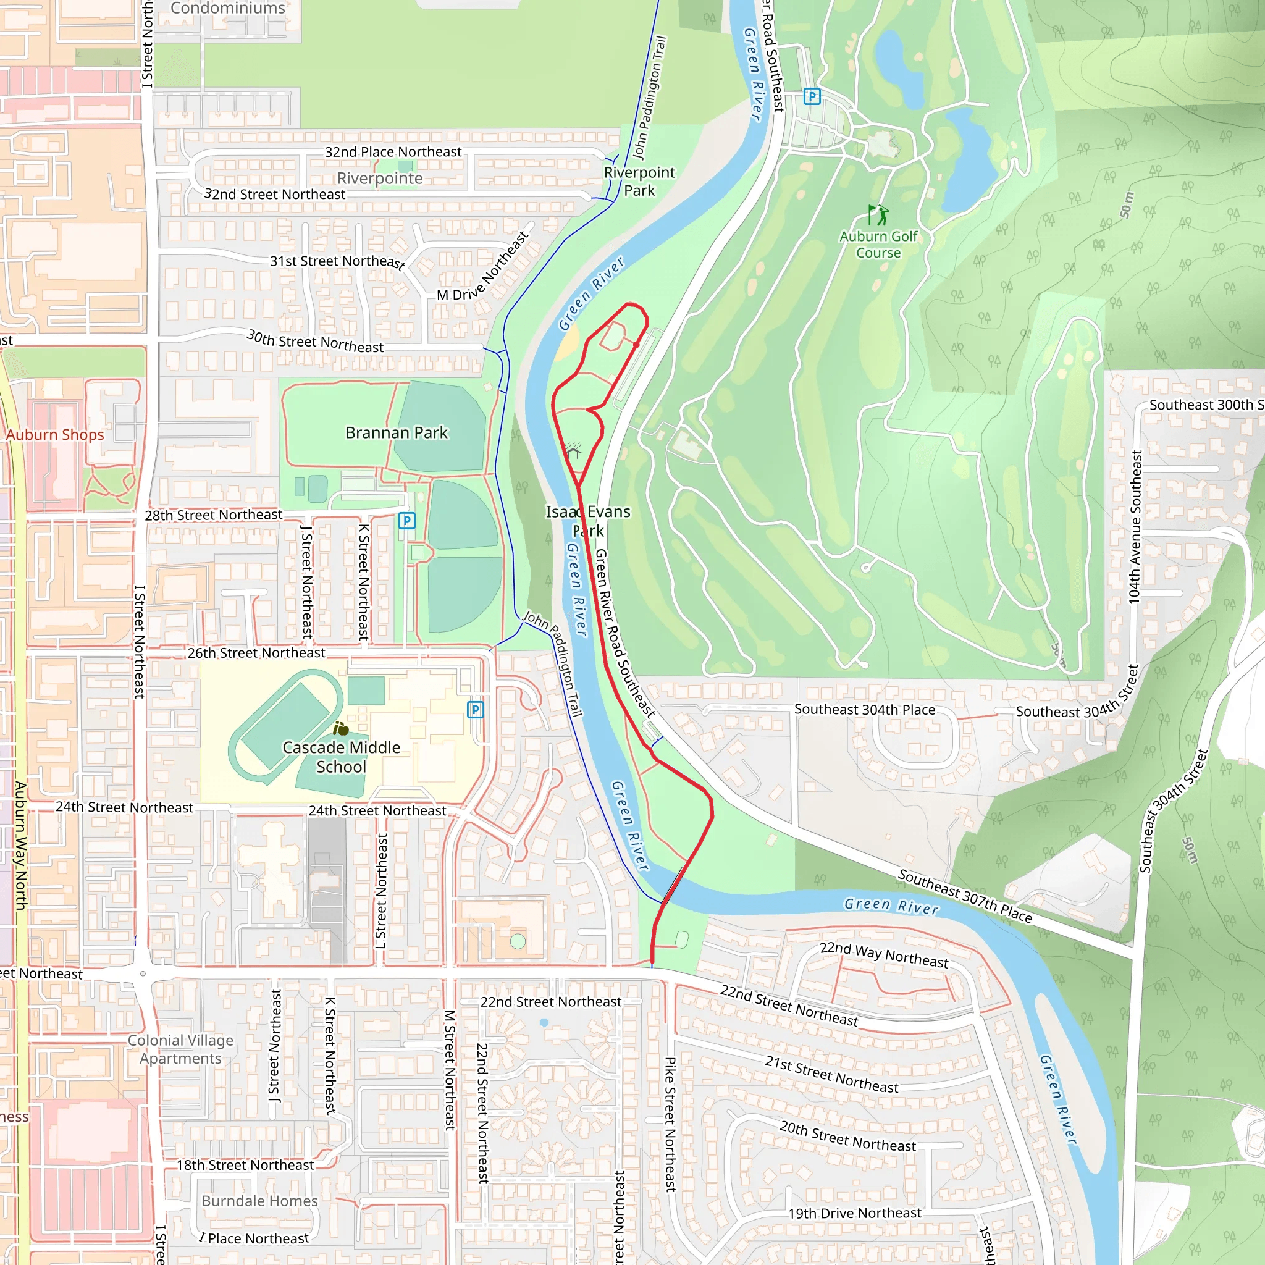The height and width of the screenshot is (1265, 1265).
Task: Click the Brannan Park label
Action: click(x=396, y=433)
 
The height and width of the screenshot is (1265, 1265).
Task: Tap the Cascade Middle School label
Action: click(x=341, y=757)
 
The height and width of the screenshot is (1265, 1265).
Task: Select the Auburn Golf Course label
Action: click(x=878, y=244)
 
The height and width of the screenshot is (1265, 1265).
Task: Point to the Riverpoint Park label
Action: click(x=639, y=182)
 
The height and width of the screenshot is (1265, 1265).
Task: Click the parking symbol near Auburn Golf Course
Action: click(x=812, y=97)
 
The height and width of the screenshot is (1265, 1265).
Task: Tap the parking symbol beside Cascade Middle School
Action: click(x=476, y=710)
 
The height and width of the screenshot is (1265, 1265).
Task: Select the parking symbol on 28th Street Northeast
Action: click(x=406, y=521)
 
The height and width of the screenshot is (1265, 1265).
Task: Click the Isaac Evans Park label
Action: click(x=588, y=521)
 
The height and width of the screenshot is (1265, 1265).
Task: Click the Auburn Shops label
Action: click(x=55, y=435)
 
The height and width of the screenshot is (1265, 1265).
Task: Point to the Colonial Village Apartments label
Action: click(x=180, y=1049)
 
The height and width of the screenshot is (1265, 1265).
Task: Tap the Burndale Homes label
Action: click(x=259, y=1201)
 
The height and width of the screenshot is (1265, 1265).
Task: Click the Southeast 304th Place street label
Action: click(x=864, y=710)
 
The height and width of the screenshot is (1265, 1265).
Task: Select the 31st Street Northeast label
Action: click(x=337, y=261)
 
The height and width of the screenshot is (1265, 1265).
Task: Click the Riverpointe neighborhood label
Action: click(x=380, y=178)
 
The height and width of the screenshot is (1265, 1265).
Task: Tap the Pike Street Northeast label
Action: click(x=670, y=1124)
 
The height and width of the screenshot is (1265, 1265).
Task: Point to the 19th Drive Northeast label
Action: click(x=854, y=1213)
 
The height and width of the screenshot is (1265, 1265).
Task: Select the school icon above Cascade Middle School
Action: click(x=340, y=729)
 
